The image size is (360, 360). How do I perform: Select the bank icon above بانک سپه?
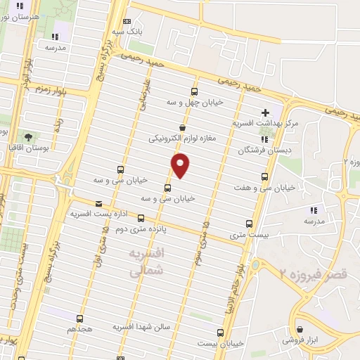tap(127, 22)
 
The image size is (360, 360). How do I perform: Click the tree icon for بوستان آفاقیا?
tap(27, 137)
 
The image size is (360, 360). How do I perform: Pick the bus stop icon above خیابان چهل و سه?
tap(194, 91)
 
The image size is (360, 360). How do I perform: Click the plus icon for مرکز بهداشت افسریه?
tap(265, 112)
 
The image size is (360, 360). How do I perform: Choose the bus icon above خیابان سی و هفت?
tap(264, 176)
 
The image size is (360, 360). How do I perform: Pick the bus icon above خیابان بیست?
tap(221, 333)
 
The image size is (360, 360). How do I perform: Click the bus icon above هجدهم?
tap(79, 319)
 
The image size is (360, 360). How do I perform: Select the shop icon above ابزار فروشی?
tap(300, 329)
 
